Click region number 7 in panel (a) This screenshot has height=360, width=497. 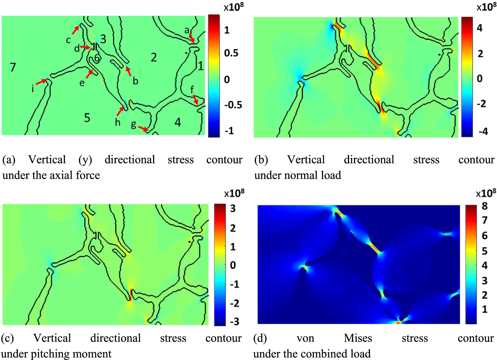[x=13, y=67]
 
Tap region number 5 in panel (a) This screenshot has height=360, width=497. [x=87, y=118]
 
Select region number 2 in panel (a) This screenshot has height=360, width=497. [x=154, y=57]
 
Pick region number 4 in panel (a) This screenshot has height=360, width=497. [x=178, y=123]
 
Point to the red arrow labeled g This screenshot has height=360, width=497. [x=143, y=128]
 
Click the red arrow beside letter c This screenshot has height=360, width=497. [x=76, y=30]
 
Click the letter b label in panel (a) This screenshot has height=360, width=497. [x=135, y=81]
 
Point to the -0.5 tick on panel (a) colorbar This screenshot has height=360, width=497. [x=233, y=105]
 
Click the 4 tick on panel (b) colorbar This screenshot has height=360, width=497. [x=480, y=28]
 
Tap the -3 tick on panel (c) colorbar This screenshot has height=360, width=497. [x=235, y=321]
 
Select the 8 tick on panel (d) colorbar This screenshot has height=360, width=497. [x=485, y=206]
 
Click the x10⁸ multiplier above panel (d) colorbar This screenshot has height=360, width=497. [x=486, y=193]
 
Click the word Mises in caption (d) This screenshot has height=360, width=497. [x=358, y=338]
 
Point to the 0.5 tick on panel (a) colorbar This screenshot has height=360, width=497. [x=231, y=53]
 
